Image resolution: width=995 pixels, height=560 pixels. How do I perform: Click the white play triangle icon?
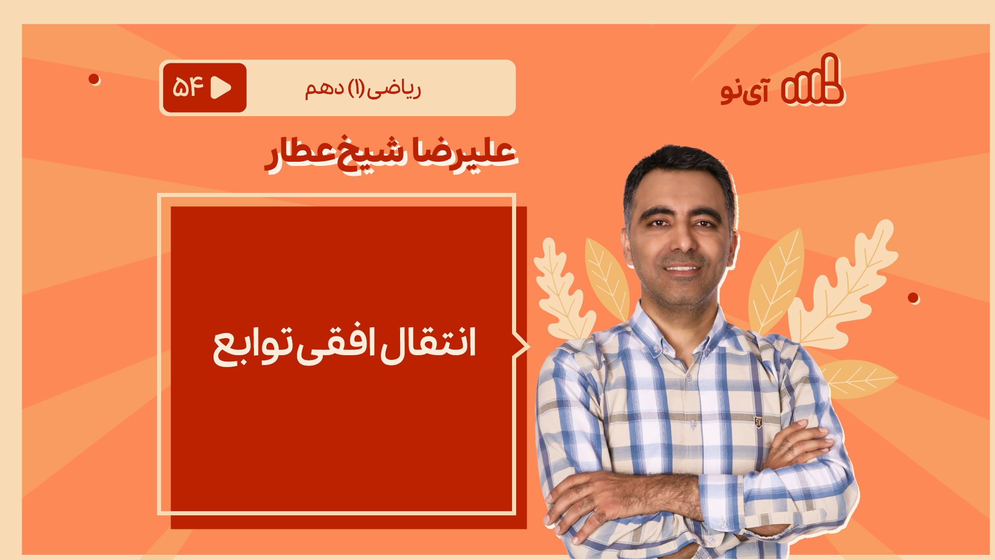pyautogui.click(x=221, y=88)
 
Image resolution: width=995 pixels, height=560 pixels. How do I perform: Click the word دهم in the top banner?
pyautogui.click(x=324, y=89)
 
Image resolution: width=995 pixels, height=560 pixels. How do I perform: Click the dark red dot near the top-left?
pyautogui.click(x=94, y=79)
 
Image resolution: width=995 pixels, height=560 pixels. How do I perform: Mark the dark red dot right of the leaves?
pyautogui.click(x=913, y=298)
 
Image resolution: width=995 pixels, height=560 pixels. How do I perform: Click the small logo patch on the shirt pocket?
pyautogui.click(x=758, y=422)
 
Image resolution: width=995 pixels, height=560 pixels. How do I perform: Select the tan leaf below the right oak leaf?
pyautogui.click(x=858, y=379)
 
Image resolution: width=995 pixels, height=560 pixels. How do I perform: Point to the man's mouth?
pyautogui.click(x=682, y=268)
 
